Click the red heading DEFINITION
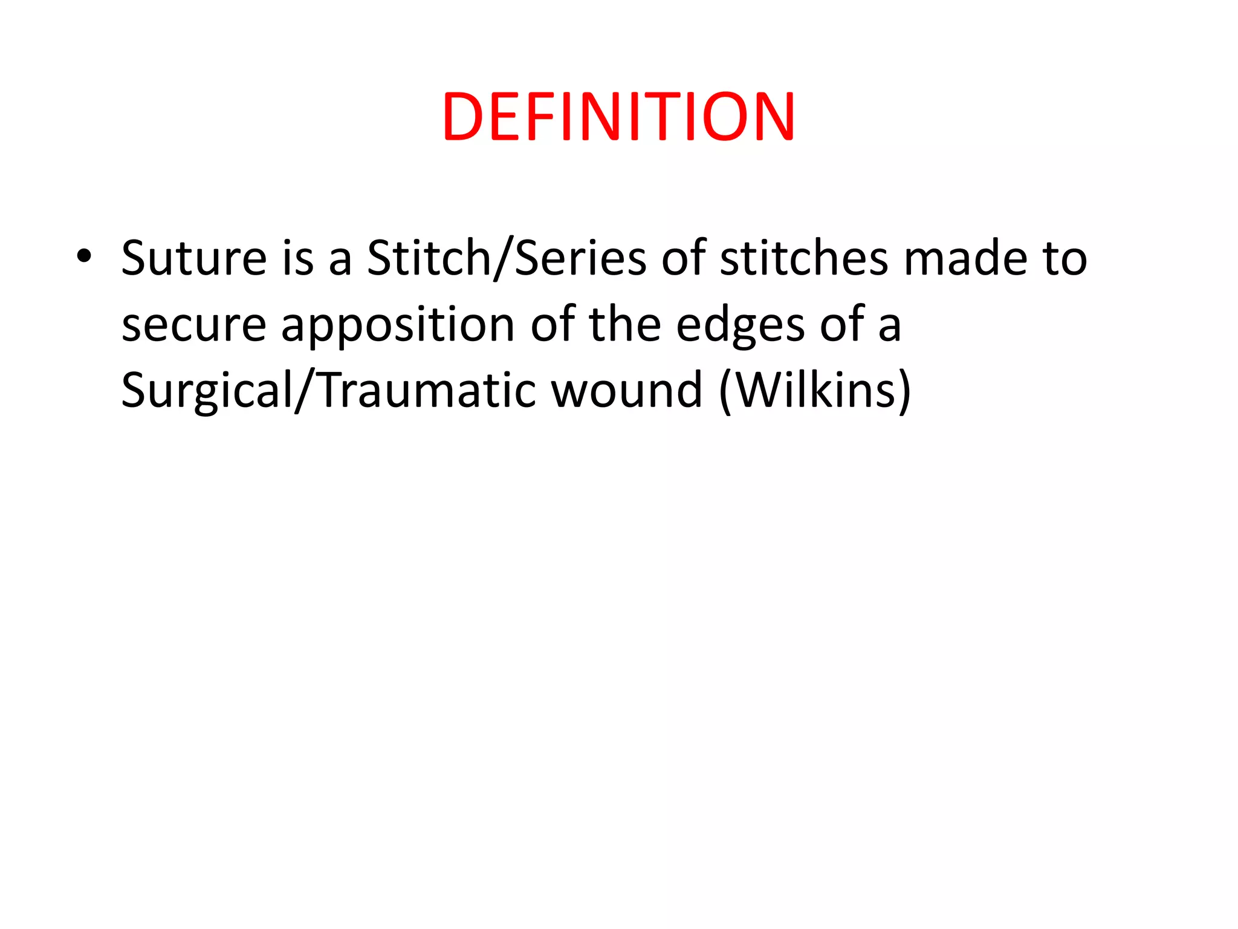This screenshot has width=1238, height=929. click(x=618, y=117)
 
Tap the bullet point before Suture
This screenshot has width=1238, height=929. click(x=84, y=256)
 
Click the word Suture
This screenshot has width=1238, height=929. click(x=193, y=258)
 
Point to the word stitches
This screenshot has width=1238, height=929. click(x=804, y=258)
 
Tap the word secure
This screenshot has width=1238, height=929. click(x=193, y=325)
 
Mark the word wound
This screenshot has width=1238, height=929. click(x=627, y=391)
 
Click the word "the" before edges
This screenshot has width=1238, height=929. click(x=625, y=325)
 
